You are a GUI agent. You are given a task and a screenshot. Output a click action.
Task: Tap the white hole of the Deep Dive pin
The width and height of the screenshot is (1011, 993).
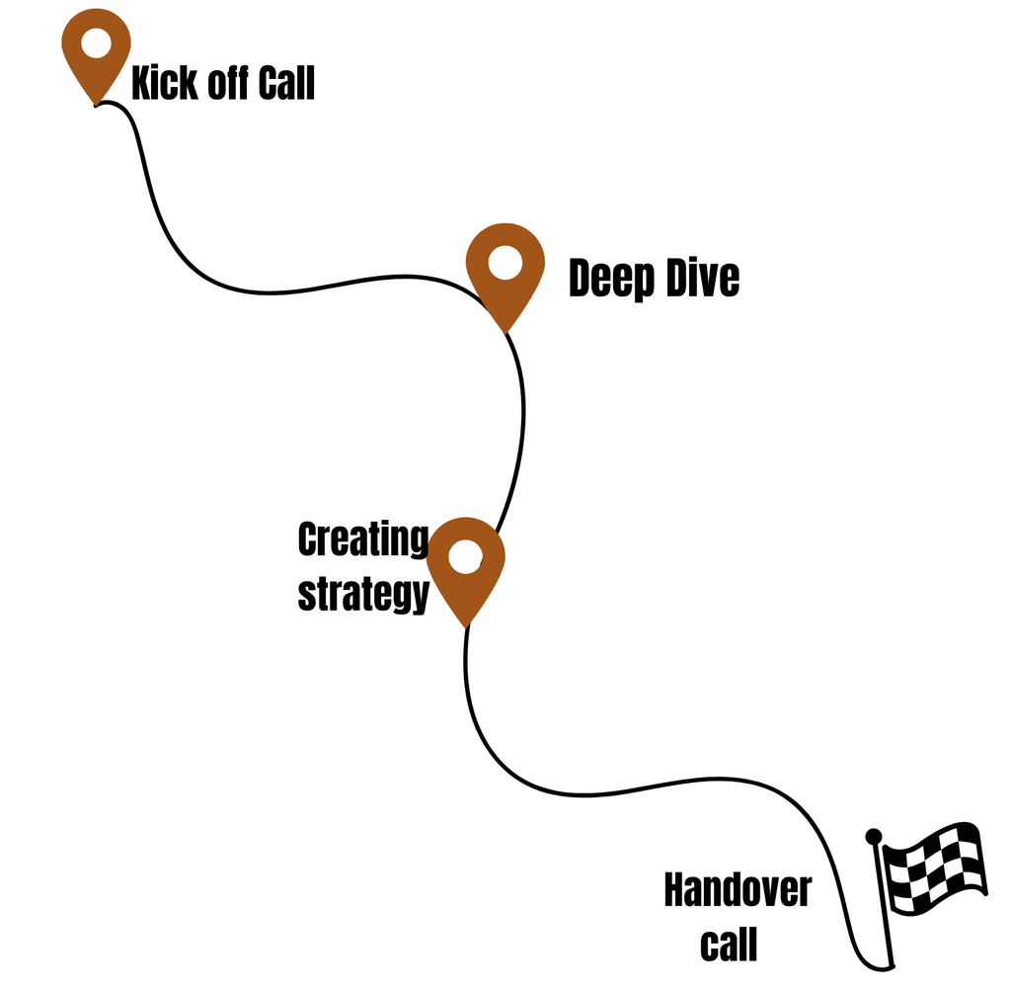[505, 263]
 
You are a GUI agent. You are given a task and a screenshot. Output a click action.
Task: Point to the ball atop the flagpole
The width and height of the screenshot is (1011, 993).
[873, 837]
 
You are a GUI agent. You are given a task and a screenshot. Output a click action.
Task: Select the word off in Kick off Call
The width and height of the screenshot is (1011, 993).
[224, 84]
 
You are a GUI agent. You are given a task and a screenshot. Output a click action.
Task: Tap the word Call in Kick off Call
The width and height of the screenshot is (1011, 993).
[286, 84]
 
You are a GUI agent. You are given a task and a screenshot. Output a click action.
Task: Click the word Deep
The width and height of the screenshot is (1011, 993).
[610, 280]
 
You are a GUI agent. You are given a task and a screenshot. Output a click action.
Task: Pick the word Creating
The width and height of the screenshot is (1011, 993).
[362, 539]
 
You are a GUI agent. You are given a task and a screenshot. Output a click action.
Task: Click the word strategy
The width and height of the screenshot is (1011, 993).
[362, 595]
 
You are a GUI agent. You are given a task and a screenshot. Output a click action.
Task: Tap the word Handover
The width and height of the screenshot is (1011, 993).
[737, 890]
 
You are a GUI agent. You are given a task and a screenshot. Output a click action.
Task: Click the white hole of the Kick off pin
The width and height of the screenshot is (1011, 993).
[96, 43]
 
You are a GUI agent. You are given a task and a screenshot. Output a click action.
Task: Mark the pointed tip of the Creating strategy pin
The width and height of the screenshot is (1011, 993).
[465, 625]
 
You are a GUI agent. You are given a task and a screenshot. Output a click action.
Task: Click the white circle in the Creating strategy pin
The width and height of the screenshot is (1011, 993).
[465, 556]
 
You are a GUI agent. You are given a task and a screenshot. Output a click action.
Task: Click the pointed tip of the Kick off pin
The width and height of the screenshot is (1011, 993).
[96, 104]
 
